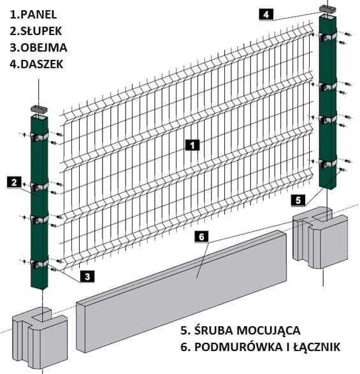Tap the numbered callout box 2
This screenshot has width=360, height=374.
coord(13,182)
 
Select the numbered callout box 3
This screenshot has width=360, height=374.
coord(86,276)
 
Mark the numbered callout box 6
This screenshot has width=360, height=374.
coord(201,237)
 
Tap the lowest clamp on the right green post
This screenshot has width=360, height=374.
coord(328,162)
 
